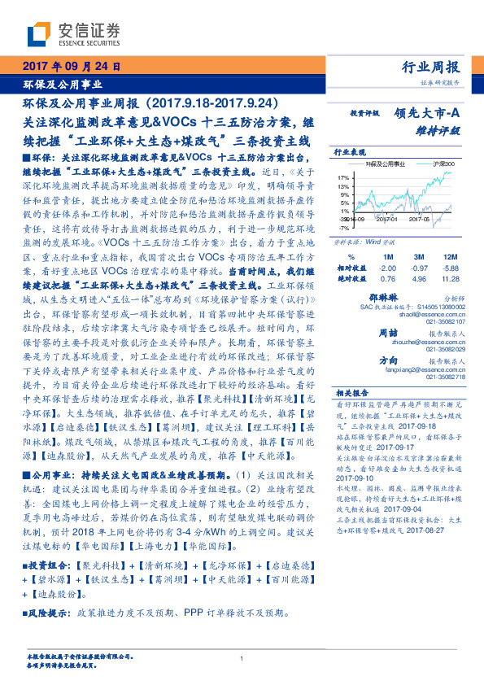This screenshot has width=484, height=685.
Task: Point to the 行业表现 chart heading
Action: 348,152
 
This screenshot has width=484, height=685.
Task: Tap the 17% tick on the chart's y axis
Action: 342,176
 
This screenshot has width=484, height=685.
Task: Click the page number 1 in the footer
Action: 242,657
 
